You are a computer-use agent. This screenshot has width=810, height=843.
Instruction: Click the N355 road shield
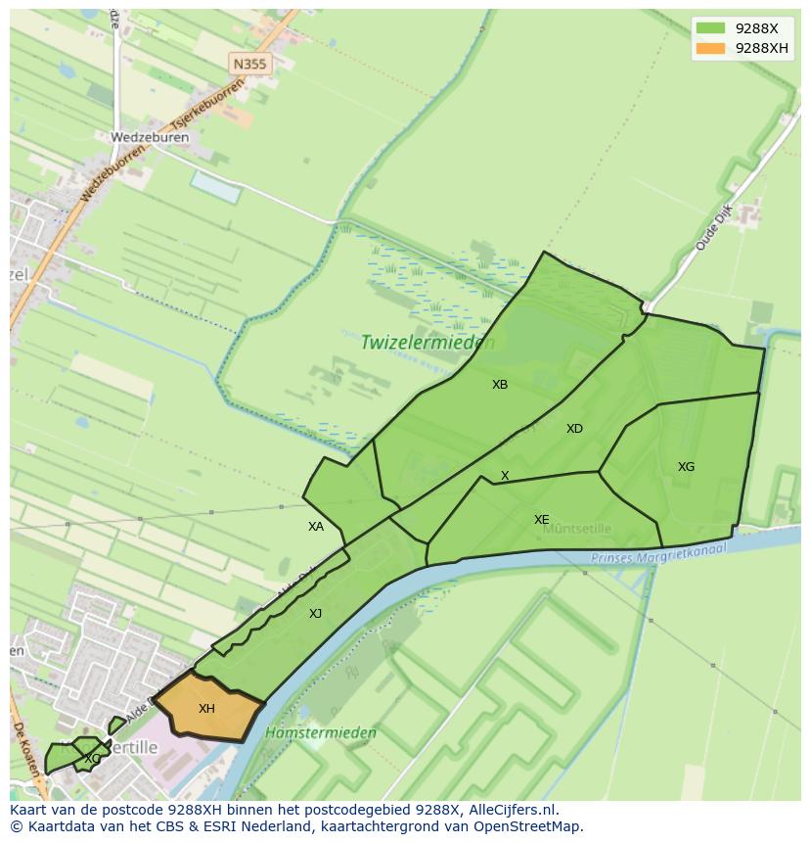click(x=249, y=65)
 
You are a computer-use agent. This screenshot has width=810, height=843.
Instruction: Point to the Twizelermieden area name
click(x=427, y=343)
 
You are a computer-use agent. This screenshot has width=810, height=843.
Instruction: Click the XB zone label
click(x=500, y=385)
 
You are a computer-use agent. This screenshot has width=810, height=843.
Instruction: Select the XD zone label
click(x=574, y=429)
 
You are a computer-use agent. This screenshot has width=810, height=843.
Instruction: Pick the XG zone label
click(x=686, y=467)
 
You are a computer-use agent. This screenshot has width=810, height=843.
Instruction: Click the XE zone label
click(x=541, y=520)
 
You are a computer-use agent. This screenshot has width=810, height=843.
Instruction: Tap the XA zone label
click(x=316, y=527)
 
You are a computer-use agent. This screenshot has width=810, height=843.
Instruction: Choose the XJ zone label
click(x=315, y=614)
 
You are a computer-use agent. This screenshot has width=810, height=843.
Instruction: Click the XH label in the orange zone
click(x=206, y=709)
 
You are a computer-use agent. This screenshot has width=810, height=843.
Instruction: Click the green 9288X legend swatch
click(x=711, y=28)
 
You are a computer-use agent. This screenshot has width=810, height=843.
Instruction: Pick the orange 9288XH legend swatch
click(x=711, y=48)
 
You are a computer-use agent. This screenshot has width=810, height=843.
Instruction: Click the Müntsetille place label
click(x=577, y=529)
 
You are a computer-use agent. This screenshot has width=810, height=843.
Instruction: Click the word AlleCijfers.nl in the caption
click(x=512, y=810)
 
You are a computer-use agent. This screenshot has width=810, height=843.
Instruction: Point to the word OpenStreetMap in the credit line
click(x=525, y=826)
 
